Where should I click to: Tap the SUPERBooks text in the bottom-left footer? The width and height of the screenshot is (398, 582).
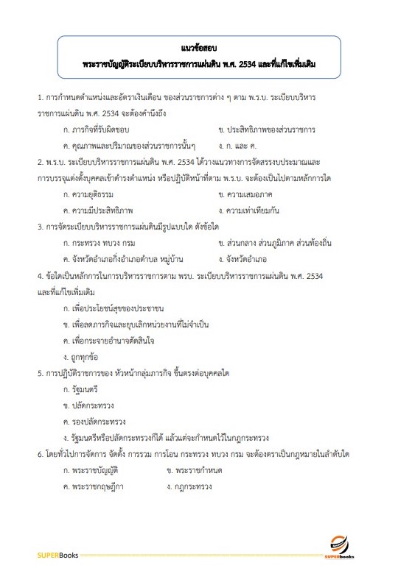pyautogui.click(x=57, y=553)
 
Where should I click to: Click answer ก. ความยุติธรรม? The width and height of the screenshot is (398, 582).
pyautogui.click(x=96, y=194)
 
